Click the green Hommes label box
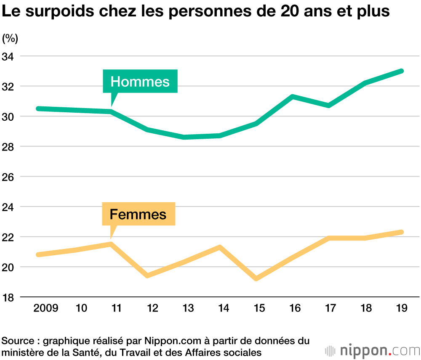coord(140,81)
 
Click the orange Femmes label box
coord(138,214)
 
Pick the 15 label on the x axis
coord(259,308)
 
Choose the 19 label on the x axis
coord(402,308)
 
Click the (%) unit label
coord(10,39)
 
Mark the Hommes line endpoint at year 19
coord(402,71)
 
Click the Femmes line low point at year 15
coord(256,278)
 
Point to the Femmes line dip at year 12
coord(148,275)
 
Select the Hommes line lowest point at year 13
coord(184,137)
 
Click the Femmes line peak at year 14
coord(220,247)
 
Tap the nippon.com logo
coord(373,350)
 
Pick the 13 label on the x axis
coord(188,308)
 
